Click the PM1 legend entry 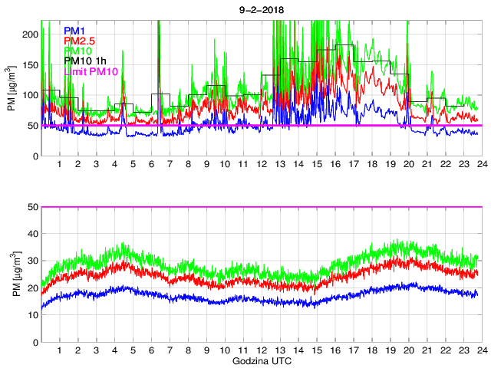pos(74,31)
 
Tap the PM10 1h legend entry pos(84,61)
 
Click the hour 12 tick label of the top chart pos(262,165)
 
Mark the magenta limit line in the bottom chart pos(261,207)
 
